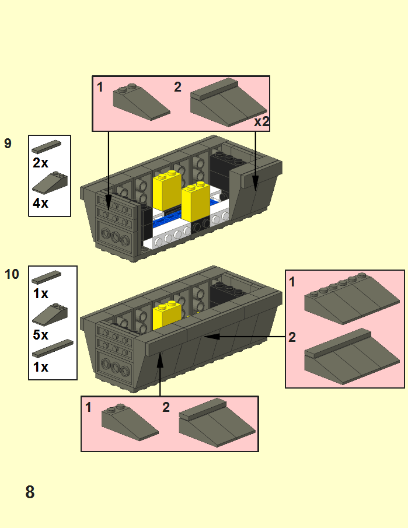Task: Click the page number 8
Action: [x=30, y=492]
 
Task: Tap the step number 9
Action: [x=8, y=144]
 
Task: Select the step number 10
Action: [x=12, y=274]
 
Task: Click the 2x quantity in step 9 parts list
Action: [x=40, y=163]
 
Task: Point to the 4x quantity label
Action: [x=40, y=203]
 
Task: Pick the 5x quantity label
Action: [x=40, y=335]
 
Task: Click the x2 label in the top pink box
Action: [x=261, y=121]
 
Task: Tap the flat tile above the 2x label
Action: [x=47, y=147]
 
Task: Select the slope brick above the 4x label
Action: [x=50, y=183]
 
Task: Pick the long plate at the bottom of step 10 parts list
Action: [x=53, y=348]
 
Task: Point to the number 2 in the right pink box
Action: [x=292, y=337]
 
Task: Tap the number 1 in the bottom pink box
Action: [x=88, y=407]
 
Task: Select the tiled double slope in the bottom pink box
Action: [x=217, y=423]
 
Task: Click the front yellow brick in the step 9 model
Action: [x=196, y=201]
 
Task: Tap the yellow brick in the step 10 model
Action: [x=167, y=315]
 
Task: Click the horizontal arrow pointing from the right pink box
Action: [x=245, y=337]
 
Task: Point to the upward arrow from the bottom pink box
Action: [x=160, y=373]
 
